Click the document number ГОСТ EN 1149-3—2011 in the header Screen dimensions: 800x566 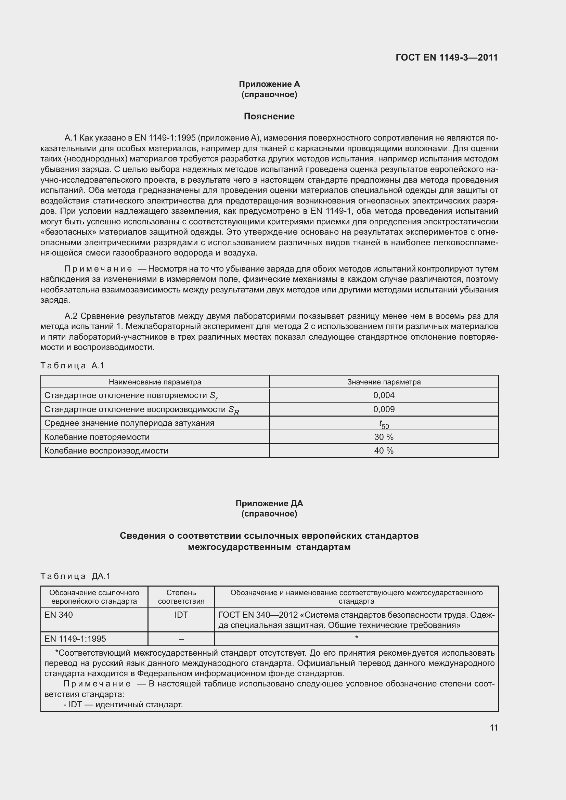[447, 57]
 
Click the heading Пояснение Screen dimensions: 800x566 [269, 116]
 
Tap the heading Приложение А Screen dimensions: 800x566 [269, 84]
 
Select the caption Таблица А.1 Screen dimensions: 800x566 [73, 366]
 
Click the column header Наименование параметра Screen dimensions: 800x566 [155, 382]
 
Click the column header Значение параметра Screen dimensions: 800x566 [384, 382]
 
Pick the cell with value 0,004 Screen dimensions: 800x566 [384, 395]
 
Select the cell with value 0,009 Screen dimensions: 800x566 [384, 409]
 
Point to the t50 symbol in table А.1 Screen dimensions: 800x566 [384, 424]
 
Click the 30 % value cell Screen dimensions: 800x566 [384, 437]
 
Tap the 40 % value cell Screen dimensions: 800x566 [384, 450]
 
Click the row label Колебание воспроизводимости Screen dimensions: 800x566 [106, 450]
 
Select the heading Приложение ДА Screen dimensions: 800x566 [269, 503]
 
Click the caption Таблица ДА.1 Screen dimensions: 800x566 [75, 576]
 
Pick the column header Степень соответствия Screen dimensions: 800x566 [181, 597]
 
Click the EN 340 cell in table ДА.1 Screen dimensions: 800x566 [59, 615]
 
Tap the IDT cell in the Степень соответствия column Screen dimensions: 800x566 [181, 615]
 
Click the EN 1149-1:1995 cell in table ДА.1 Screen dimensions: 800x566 [75, 639]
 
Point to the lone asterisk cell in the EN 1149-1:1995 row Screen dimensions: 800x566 [356, 638]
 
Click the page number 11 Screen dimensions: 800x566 [493, 727]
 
